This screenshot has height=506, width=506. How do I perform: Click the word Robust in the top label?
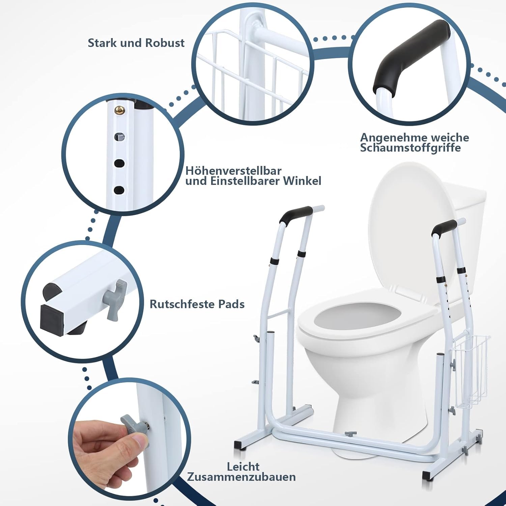tap(165, 43)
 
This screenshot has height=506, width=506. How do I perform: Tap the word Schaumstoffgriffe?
tap(410, 148)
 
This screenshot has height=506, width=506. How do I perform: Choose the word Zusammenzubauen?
tap(242, 477)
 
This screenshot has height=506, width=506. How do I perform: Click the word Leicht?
tap(243, 467)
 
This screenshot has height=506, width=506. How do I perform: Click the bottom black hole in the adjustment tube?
tap(118, 190)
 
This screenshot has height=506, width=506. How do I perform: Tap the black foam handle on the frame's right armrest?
tap(445, 228)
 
